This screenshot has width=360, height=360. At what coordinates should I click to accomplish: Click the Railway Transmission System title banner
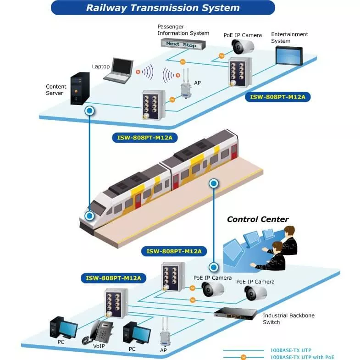(163, 8)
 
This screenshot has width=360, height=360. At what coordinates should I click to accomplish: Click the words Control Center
(258, 219)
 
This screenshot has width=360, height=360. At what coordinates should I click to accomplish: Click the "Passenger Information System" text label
(183, 30)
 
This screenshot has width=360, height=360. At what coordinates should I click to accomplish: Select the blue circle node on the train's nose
(90, 216)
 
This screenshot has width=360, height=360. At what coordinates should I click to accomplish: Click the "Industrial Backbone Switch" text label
(288, 319)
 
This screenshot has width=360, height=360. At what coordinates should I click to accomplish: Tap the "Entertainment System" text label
(289, 38)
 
